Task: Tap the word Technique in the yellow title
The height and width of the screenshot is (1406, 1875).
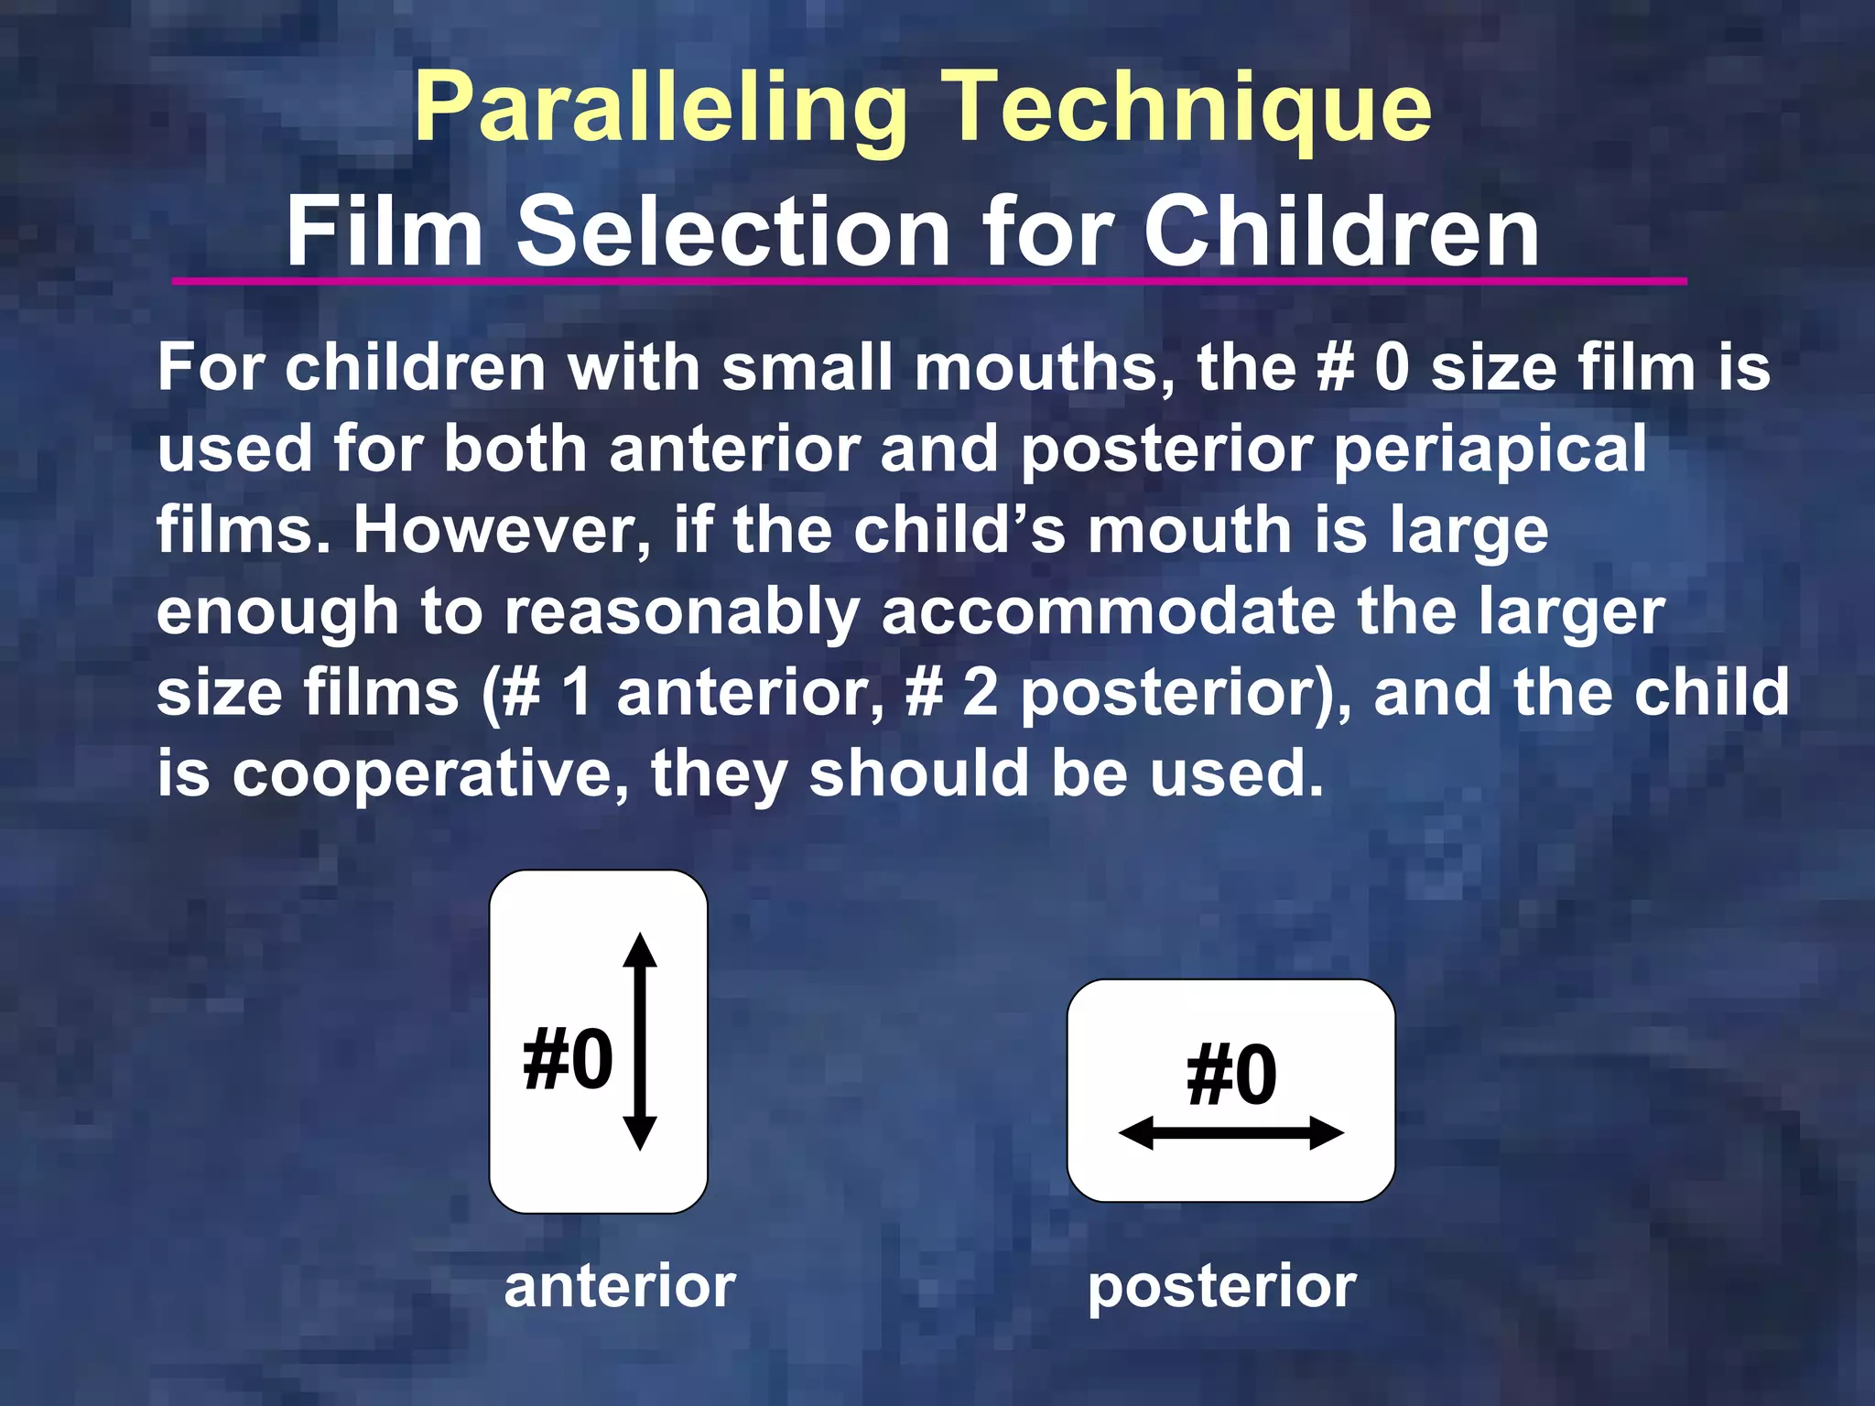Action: pos(1186,110)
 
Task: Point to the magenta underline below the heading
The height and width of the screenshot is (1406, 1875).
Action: pos(928,281)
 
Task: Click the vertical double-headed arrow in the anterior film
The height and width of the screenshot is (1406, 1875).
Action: pos(640,1042)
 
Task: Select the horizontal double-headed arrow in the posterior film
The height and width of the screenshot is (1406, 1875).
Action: pos(1230,1133)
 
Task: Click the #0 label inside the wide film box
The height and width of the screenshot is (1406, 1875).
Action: pos(1230,1075)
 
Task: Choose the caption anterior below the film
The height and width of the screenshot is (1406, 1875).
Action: pos(620,1285)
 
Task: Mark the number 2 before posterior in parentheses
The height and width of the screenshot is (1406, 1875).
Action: pos(980,692)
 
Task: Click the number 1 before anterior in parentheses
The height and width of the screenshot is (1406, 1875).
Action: pos(577,692)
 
